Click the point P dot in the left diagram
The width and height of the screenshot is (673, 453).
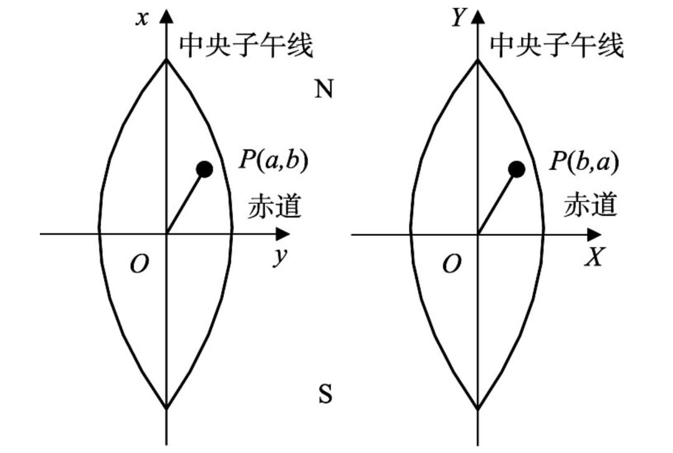(x=204, y=169)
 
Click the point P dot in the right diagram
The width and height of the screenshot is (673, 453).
(x=516, y=169)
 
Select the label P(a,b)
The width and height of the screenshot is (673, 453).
(x=274, y=161)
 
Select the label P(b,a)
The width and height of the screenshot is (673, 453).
(x=584, y=161)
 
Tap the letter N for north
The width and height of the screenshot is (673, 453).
(x=324, y=90)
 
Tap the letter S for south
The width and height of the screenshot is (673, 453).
(x=325, y=395)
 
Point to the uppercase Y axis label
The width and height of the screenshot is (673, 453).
(x=459, y=18)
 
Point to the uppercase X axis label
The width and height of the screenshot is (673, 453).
(x=594, y=257)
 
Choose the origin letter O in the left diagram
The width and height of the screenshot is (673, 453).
(x=140, y=265)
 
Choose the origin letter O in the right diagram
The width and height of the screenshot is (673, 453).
(x=451, y=265)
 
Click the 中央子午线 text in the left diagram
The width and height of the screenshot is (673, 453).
(x=246, y=45)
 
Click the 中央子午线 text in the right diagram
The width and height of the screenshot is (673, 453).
(x=556, y=45)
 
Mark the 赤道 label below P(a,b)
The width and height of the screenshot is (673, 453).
(x=275, y=206)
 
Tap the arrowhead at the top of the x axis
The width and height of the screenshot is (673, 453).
(x=166, y=16)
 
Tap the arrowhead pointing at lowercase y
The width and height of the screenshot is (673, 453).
(x=283, y=235)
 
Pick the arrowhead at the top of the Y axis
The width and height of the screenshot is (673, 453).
(x=478, y=16)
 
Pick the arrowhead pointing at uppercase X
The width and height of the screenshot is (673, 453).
(x=595, y=235)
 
